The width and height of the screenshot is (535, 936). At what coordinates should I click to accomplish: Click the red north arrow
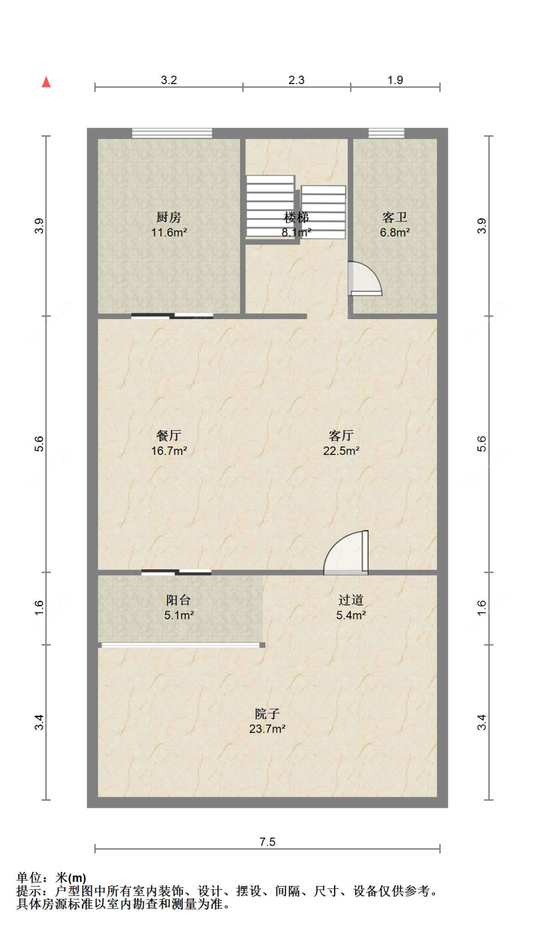tap(46, 82)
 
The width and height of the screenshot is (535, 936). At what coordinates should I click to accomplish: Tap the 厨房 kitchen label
tap(169, 217)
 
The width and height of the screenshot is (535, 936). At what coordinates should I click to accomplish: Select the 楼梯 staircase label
tap(296, 217)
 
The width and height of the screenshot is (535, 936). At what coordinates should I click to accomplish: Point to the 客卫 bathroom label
tap(395, 217)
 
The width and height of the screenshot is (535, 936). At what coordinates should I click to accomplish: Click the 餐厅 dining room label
tap(169, 435)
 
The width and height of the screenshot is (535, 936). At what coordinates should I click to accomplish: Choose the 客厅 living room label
tap(341, 435)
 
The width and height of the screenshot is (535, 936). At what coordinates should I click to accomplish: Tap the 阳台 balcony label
tap(179, 600)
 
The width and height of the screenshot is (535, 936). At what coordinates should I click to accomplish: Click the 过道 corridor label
tap(351, 600)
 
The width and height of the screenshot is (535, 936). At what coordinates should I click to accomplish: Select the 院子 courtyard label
tap(267, 714)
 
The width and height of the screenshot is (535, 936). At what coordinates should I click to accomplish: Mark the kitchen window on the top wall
tap(172, 133)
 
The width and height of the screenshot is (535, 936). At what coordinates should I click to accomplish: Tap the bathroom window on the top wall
tap(386, 133)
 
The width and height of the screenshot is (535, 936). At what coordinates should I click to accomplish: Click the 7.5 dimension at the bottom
tap(267, 842)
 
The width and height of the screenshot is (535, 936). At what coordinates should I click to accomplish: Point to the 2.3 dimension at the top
tap(296, 80)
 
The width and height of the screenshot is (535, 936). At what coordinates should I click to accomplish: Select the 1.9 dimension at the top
tap(395, 80)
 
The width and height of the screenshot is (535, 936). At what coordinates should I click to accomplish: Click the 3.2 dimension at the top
tap(169, 80)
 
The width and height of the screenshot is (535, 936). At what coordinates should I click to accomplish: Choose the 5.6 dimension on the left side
tap(39, 444)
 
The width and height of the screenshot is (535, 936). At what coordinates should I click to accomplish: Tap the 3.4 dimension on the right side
tap(482, 722)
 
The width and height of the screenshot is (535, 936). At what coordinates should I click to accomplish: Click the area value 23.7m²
tap(267, 728)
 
